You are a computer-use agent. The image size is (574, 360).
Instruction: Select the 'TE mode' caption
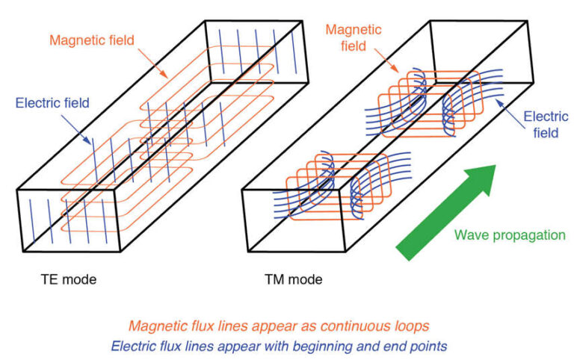(x=69, y=280)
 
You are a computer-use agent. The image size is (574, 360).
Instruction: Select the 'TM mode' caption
(x=294, y=280)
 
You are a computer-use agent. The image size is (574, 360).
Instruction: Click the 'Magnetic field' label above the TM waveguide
(x=346, y=36)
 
